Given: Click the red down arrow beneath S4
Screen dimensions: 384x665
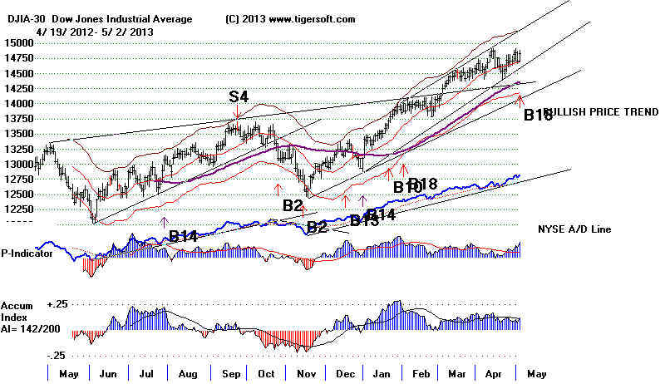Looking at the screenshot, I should [237, 113].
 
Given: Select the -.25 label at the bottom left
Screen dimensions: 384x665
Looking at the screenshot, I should [55, 355].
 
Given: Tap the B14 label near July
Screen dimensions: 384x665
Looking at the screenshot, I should [183, 237].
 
